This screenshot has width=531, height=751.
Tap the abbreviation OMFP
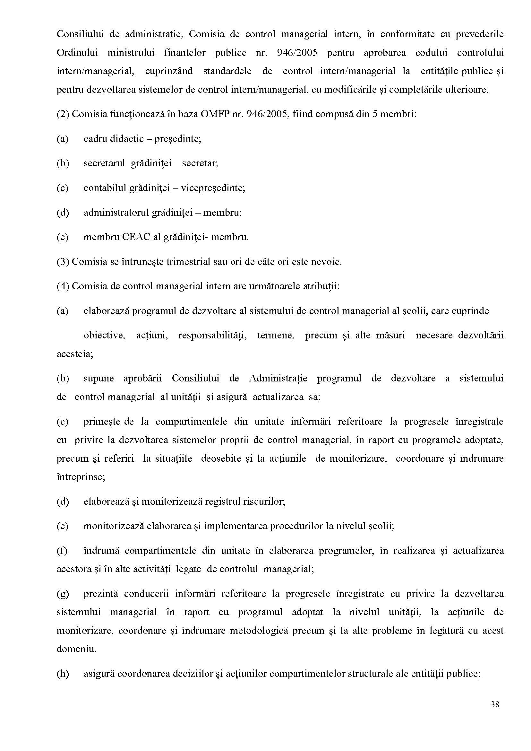[x=215, y=114]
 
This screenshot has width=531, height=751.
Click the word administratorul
[x=116, y=213]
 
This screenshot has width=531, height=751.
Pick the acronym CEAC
[x=136, y=237]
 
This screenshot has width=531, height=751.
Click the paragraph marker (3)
[x=63, y=262]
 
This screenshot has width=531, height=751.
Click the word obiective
[x=104, y=336]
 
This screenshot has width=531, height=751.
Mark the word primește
[x=102, y=422]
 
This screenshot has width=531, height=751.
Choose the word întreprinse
[x=81, y=477]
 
